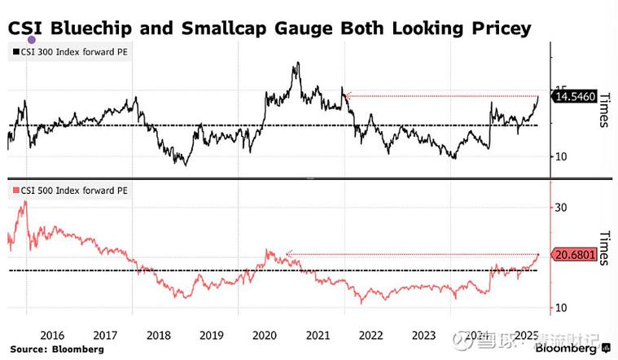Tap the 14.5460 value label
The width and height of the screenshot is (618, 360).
click(x=574, y=97)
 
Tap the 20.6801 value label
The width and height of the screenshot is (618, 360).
click(x=574, y=255)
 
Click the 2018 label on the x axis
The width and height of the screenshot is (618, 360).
click(x=158, y=336)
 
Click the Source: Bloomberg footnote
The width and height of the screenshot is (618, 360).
click(x=56, y=349)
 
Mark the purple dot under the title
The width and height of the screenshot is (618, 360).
click(x=32, y=39)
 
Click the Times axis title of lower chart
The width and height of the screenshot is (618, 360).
click(x=603, y=249)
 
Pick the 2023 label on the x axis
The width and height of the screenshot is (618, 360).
click(x=423, y=336)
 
